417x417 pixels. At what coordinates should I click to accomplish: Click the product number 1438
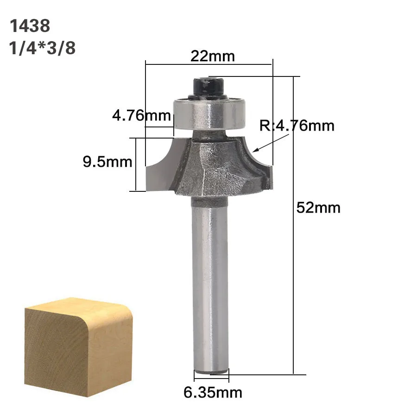30,26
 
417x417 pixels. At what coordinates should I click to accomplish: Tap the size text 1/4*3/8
42,48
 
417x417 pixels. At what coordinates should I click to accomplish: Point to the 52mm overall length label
318,208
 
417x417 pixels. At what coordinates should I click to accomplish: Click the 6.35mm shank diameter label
213,392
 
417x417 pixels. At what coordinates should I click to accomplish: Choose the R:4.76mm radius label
297,126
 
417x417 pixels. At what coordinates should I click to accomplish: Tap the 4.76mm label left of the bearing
141,115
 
